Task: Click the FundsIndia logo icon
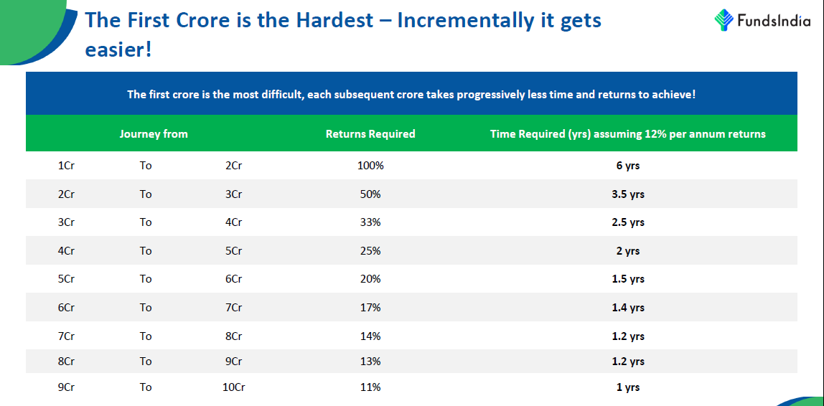[x=724, y=20]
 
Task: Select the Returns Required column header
[x=370, y=134]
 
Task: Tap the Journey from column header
[x=154, y=134]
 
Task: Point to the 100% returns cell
[x=370, y=166]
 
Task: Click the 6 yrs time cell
[x=628, y=166]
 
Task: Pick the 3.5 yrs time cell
[x=628, y=194]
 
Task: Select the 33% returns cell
[x=370, y=222]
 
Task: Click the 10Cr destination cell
[x=233, y=387]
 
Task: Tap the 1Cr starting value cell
[x=66, y=166]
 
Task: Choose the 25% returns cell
[x=370, y=251]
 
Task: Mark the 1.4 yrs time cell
[x=628, y=308]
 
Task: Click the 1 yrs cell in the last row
[x=628, y=387]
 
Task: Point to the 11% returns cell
[x=370, y=387]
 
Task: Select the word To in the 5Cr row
[x=146, y=279]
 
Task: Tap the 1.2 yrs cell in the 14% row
[x=628, y=336]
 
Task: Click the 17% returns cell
[x=370, y=308]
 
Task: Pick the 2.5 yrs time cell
[x=628, y=222]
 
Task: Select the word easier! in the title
[x=118, y=51]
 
